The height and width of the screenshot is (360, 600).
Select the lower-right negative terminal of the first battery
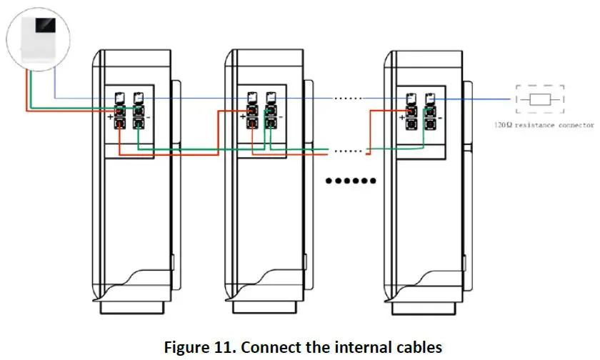[138, 123]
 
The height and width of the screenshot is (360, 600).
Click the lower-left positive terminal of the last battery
[411, 123]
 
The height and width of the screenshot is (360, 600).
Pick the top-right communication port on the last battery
[431, 98]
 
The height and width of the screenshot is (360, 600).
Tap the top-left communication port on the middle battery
[252, 98]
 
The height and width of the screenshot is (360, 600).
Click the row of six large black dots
[351, 181]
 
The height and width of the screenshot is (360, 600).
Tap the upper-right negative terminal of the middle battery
[271, 111]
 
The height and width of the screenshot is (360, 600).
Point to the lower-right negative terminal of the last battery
[431, 123]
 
